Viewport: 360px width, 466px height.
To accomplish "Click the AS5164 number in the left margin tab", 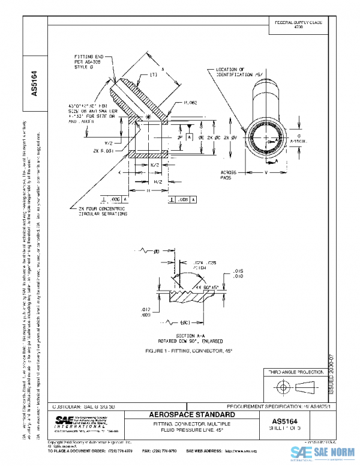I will point(34,83).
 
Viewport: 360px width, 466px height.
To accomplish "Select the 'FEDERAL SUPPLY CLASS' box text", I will point(299,23).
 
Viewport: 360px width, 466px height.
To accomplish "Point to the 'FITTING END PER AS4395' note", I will point(90,61).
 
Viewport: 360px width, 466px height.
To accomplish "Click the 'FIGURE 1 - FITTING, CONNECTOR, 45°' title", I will point(179,349).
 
